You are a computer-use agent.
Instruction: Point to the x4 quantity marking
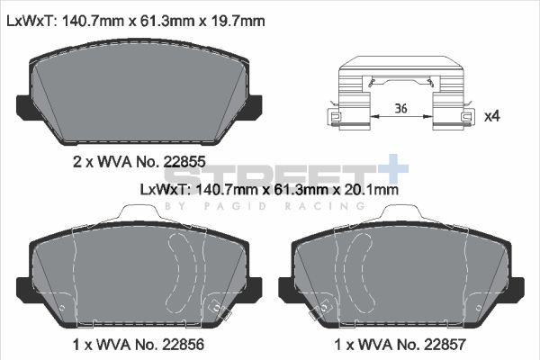[x=492, y=116]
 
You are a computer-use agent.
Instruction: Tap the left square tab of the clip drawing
[x=334, y=118]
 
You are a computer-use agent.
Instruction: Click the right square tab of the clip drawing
[x=466, y=118]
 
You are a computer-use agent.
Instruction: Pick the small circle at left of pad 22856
[x=62, y=307]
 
